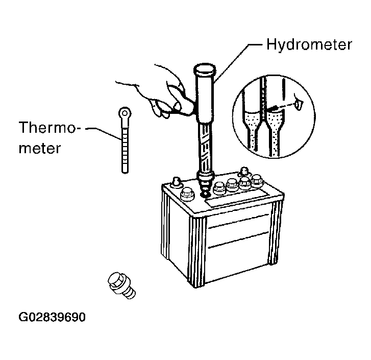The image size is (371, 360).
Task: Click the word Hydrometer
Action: tap(309, 44)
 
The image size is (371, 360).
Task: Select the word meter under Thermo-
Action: tap(40, 148)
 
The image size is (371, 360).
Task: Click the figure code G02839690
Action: tap(52, 317)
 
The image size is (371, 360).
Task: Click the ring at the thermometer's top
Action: tap(125, 113)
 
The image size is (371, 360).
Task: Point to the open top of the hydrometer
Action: tap(205, 69)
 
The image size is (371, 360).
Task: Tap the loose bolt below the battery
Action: tap(121, 285)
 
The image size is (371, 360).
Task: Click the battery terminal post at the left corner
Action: tap(176, 182)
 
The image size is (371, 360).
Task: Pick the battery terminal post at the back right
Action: tap(244, 172)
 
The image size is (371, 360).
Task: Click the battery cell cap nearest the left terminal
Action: tap(188, 194)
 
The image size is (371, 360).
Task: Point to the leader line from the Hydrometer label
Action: tap(237, 62)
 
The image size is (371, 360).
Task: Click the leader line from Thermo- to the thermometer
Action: tap(104, 133)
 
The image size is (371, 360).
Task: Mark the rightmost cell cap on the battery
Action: tap(257, 181)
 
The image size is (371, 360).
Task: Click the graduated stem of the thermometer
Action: tap(125, 147)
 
